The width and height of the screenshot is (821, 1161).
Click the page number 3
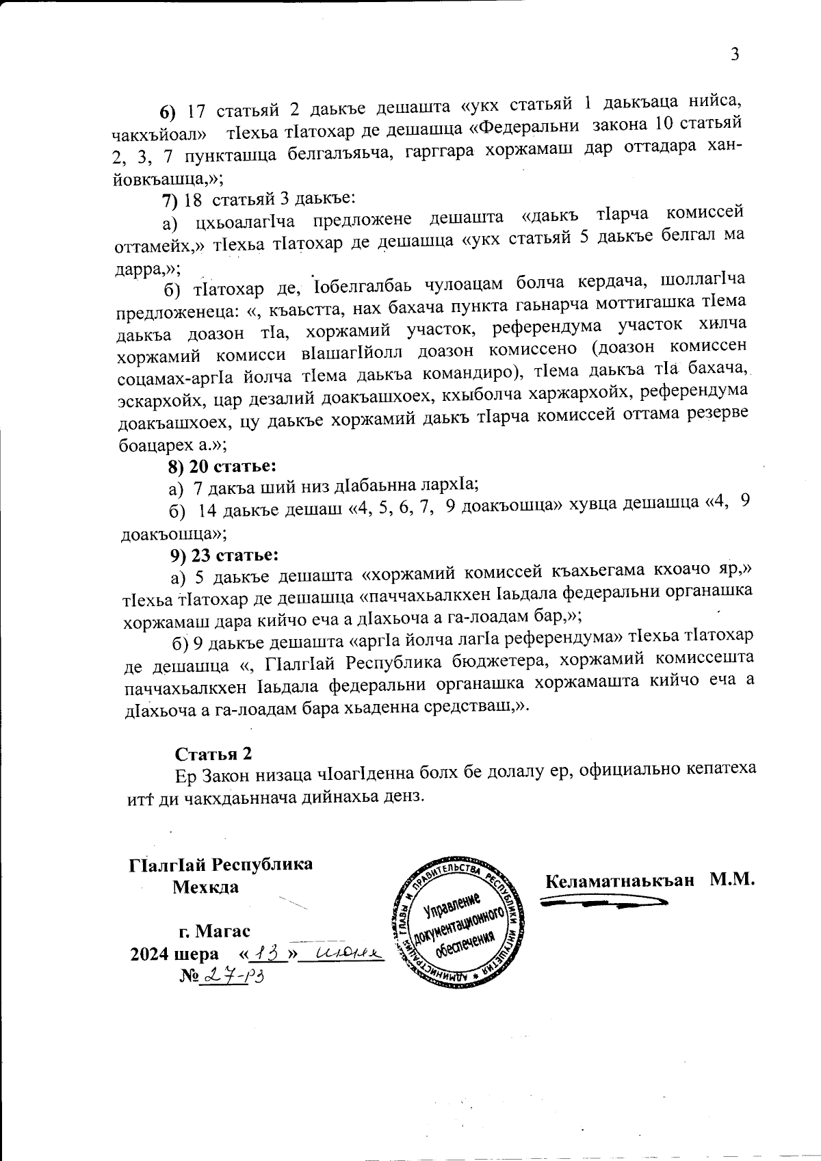tap(735, 55)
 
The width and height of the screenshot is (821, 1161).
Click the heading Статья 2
tap(213, 754)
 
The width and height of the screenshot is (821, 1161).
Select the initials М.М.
tap(732, 879)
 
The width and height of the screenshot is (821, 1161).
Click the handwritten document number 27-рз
tap(231, 976)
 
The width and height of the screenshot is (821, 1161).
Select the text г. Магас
tap(214, 931)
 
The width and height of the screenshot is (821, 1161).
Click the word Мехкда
tap(205, 887)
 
